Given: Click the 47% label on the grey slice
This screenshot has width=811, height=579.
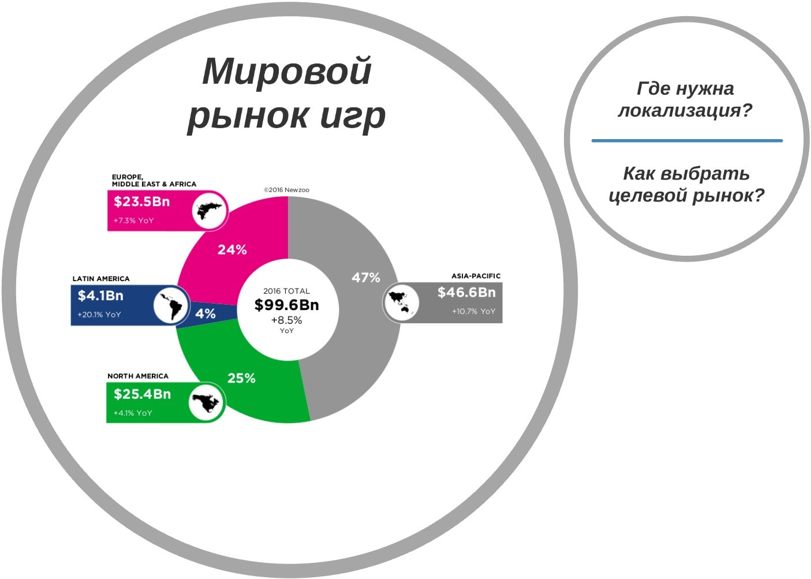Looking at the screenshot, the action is pos(366,278).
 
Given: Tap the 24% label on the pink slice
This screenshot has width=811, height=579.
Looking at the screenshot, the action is pos(232,249).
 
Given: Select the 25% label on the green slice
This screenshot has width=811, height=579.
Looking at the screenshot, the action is pos(241,378).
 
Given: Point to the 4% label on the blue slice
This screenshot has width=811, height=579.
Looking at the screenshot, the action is pos(205,313).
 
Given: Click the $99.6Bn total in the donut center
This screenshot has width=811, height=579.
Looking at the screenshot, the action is pos(286,305).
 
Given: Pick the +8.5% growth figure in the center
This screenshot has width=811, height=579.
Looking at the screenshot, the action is pos(286,320).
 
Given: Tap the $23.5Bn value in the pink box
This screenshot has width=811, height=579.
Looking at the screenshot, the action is pos(142,201).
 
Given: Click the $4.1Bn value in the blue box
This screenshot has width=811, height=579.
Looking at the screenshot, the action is pos(100,296).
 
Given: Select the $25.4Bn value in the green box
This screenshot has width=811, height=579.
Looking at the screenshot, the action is pos(142,394).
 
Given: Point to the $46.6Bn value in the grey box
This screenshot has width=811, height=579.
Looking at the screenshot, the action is pos(466,292).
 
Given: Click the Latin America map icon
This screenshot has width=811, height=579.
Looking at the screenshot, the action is pos(171,304).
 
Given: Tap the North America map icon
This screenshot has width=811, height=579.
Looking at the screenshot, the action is pos(206,402).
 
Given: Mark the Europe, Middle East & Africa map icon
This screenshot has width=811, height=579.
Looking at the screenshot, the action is pos(210,210).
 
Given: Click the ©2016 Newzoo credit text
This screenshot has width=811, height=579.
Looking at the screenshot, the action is pos(286,190).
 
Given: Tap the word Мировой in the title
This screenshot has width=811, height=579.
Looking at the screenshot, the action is pos(287,71).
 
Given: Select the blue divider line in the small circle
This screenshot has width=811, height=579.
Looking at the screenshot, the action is pos(687,140).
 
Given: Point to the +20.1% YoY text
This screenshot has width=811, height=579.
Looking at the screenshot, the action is pos(99,315).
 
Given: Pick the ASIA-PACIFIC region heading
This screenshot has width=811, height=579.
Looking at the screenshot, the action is pos(476,276).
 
